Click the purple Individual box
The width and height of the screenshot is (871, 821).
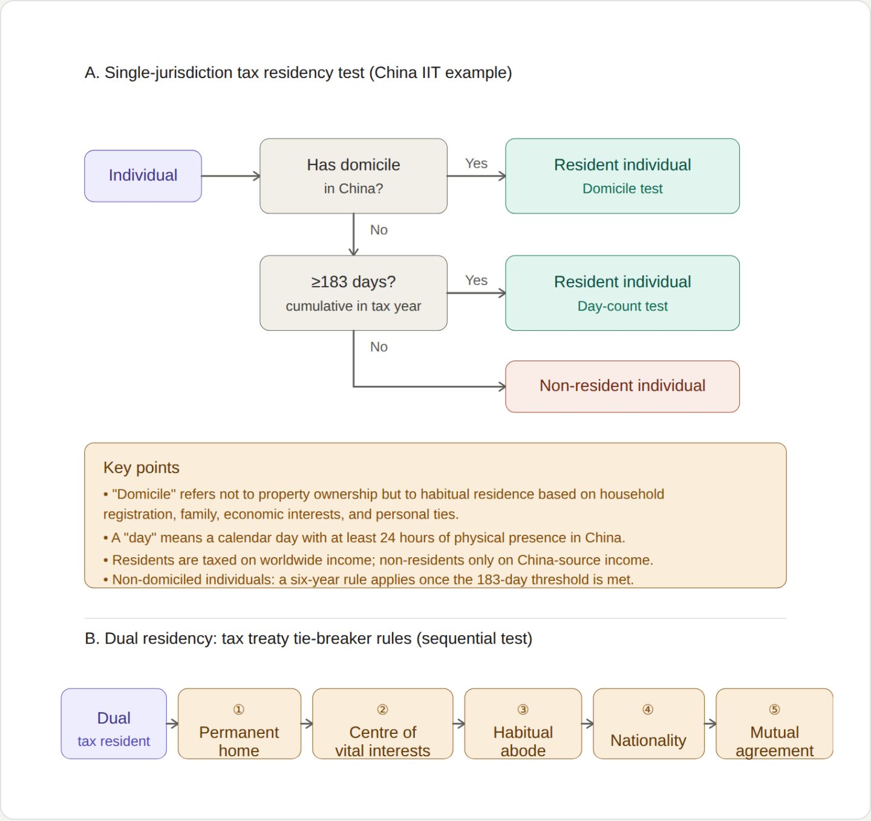(143, 176)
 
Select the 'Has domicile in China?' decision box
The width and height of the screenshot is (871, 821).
(353, 176)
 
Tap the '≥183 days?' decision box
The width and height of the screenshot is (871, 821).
(353, 293)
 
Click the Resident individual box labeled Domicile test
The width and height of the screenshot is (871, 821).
(622, 176)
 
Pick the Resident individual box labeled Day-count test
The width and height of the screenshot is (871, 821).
(622, 293)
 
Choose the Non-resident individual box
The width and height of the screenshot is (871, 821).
(622, 387)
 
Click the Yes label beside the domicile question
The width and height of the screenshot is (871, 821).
(476, 163)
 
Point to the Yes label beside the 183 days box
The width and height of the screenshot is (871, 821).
(476, 280)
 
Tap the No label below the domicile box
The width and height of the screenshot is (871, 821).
(379, 230)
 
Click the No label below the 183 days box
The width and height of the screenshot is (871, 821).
(379, 347)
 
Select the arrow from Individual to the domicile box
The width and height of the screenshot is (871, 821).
(230, 176)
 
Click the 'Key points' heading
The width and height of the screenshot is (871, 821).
(141, 468)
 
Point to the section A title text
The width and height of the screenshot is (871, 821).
(298, 73)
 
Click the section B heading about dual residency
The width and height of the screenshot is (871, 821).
(308, 638)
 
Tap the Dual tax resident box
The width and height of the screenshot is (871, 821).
(114, 724)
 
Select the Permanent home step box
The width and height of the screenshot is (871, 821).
(240, 724)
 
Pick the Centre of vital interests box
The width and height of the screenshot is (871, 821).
(382, 724)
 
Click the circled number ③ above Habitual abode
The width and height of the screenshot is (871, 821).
(523, 710)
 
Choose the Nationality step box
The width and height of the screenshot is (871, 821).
(648, 724)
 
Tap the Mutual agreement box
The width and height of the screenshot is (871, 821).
(774, 724)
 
